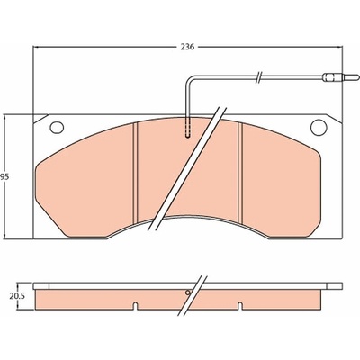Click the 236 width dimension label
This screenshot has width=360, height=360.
(x=187, y=47)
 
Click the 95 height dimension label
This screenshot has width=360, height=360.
(x=4, y=177)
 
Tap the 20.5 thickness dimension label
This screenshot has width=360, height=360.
(x=17, y=296)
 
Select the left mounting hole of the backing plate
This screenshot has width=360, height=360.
(x=57, y=128)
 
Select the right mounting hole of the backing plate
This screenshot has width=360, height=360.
(x=319, y=127)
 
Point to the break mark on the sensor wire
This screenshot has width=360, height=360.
(x=259, y=77)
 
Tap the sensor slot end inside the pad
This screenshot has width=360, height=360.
(x=188, y=137)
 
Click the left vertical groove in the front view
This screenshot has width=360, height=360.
(x=135, y=172)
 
